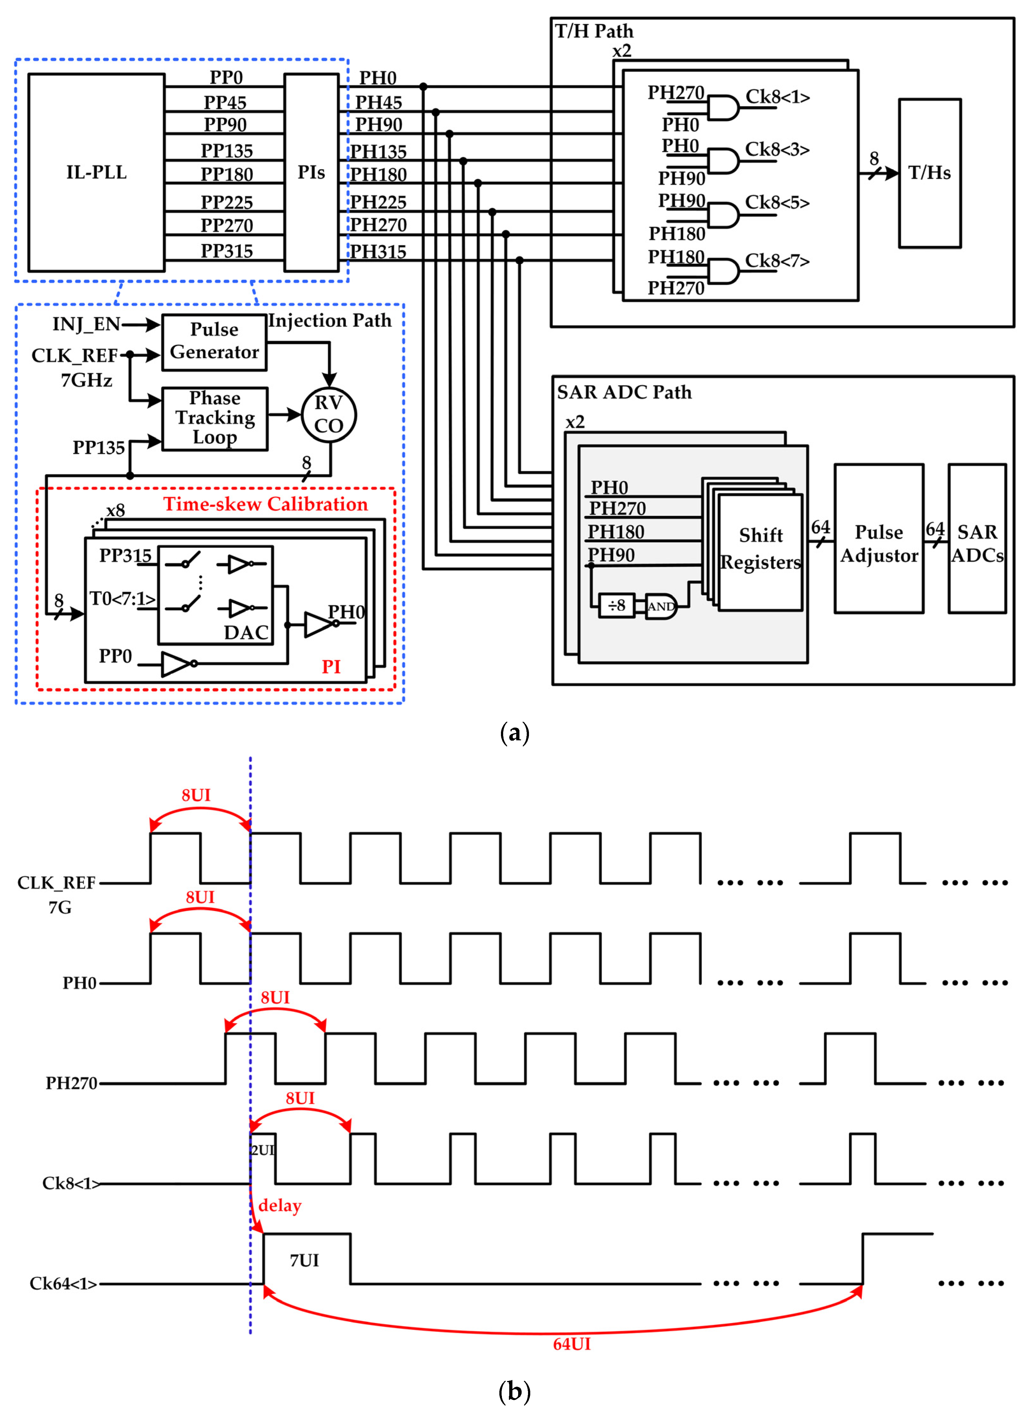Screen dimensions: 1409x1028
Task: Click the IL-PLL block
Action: pos(96,172)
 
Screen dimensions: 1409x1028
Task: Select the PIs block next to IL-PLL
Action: pos(311,172)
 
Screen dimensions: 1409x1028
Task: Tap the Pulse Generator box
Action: pos(214,341)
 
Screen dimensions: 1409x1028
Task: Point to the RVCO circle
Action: pos(329,415)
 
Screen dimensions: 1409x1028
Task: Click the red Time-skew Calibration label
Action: pos(266,504)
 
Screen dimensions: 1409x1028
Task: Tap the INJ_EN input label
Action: pos(86,324)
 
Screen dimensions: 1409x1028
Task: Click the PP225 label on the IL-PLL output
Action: pos(226,202)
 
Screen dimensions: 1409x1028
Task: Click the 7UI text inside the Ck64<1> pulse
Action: pos(304,1260)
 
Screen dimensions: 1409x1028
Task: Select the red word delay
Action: pos(279,1206)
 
